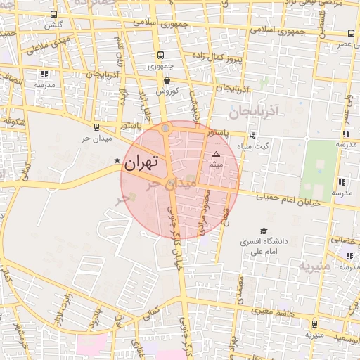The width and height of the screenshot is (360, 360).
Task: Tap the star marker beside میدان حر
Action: [117, 162]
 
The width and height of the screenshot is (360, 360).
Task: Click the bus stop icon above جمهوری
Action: [161, 55]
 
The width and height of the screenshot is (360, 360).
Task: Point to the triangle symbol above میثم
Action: [216, 153]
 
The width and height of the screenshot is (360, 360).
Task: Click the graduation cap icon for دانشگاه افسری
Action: [264, 231]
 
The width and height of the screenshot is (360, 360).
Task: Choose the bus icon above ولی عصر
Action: [352, 32]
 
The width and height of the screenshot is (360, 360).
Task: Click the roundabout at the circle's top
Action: [165, 129]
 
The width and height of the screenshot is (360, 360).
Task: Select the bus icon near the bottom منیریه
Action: [314, 324]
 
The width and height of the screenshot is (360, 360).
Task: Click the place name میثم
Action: [216, 164]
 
